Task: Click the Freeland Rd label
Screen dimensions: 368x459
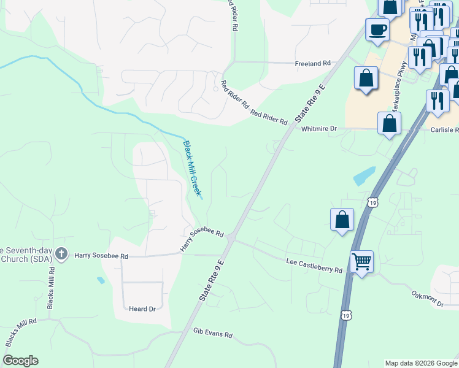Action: tap(312, 63)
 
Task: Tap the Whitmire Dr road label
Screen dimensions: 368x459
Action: tap(320, 129)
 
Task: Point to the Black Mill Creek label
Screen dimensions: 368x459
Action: tap(192, 169)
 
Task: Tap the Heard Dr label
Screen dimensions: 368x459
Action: tap(142, 309)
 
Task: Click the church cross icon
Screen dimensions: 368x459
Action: tap(61, 253)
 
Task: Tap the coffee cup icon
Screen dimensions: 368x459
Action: tap(377, 29)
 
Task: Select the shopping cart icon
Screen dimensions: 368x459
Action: tap(361, 262)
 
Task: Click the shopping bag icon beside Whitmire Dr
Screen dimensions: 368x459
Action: tap(389, 123)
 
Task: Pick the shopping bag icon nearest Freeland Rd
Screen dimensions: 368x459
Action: tap(366, 79)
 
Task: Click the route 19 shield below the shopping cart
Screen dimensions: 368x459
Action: tap(346, 315)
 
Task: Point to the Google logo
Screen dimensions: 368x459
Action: tap(20, 361)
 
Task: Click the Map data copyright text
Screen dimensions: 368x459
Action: tap(421, 363)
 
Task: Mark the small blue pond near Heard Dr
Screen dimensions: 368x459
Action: tap(100, 280)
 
